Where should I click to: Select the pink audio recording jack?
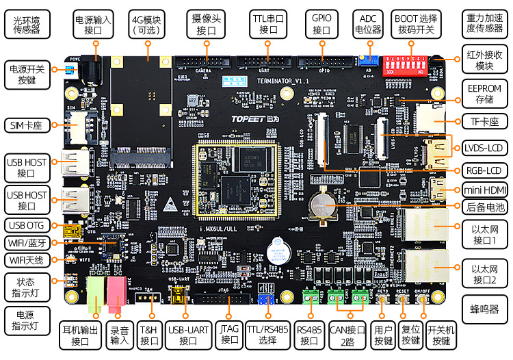pyautogui.click(x=116, y=290)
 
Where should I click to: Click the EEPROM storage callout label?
pyautogui.click(x=484, y=94)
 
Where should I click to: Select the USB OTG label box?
pyautogui.click(x=27, y=224)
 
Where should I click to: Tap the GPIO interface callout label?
pyautogui.click(x=321, y=25)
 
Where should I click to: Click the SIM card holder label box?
pyautogui.click(x=27, y=125)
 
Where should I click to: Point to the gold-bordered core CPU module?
pyautogui.click(x=236, y=181)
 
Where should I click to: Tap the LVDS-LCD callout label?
pyautogui.click(x=484, y=147)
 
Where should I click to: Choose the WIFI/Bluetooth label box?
pyautogui.click(x=27, y=243)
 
